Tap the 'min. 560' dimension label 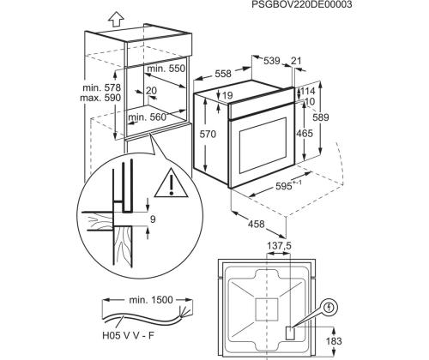[148, 117]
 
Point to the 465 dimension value [304, 135]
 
